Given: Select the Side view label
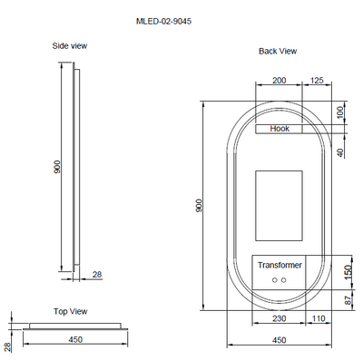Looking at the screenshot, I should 69,46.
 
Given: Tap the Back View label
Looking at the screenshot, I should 278,52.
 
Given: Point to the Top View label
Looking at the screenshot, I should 70,310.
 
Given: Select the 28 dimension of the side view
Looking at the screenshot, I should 96,273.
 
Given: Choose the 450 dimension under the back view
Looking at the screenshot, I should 280,340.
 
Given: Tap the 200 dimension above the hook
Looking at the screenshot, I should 280,80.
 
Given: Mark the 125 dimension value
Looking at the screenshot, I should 317,80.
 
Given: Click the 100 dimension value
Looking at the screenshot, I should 341,112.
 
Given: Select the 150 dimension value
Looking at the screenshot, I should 347,271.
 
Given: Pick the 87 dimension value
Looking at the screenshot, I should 347,298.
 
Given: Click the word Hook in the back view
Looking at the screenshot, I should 280,130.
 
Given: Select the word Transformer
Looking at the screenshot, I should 279,265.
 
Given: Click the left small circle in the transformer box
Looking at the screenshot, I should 273,281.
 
